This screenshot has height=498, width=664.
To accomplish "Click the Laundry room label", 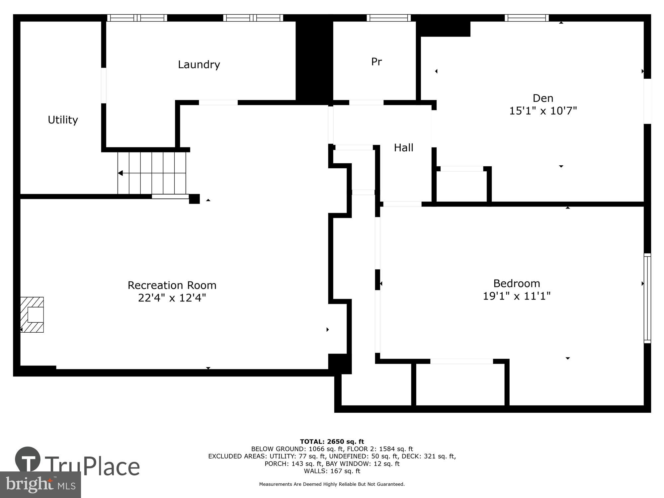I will [199, 64].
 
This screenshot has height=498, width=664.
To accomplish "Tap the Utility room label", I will [63, 120].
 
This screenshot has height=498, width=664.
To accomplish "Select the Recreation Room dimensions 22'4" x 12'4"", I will [172, 298].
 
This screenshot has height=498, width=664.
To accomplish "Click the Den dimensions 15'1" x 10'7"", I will [543, 111].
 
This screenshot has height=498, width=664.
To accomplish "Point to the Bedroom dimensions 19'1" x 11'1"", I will [516, 296].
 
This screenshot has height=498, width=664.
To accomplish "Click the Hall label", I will [403, 148].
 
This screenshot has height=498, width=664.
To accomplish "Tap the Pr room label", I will [376, 62].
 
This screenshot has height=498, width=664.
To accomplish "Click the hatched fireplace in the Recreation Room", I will [32, 314].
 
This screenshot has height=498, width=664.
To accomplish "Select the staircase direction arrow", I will [121, 173].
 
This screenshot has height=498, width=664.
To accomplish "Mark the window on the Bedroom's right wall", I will [647, 298].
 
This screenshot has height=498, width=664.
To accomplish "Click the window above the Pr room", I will [388, 18].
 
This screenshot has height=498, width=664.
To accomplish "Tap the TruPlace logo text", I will [92, 466].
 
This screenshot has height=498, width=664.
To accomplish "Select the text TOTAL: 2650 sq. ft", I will [332, 442].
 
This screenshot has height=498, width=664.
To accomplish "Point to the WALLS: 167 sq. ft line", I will [332, 471].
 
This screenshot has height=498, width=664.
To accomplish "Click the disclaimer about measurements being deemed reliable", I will [332, 484].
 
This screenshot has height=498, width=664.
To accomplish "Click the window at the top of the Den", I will [527, 18].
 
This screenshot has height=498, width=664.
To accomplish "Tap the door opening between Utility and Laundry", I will [104, 85].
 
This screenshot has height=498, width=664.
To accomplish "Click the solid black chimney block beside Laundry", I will [314, 60].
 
